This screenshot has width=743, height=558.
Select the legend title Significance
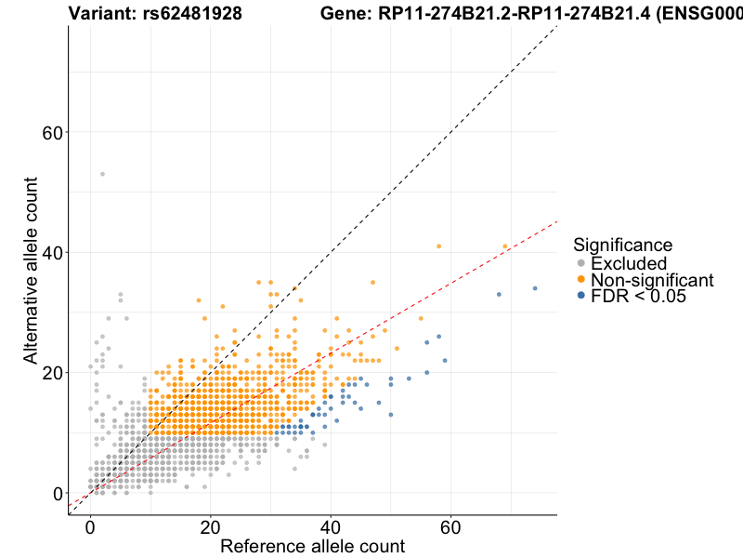click(x=622, y=246)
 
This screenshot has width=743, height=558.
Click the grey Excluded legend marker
click(x=581, y=263)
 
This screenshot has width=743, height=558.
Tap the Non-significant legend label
click(x=652, y=280)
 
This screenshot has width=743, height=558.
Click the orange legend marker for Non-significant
click(x=581, y=280)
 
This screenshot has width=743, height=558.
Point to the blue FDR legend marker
click(x=581, y=296)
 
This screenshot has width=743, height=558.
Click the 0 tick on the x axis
click(x=90, y=527)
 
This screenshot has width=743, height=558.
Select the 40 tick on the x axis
click(x=331, y=527)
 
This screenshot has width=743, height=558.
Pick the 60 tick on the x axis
click(x=450, y=527)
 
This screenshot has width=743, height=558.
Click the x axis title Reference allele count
click(x=312, y=546)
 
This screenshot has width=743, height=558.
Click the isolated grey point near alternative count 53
click(x=102, y=174)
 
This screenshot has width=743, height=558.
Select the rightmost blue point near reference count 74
click(x=535, y=288)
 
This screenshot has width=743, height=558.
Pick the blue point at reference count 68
click(x=499, y=294)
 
